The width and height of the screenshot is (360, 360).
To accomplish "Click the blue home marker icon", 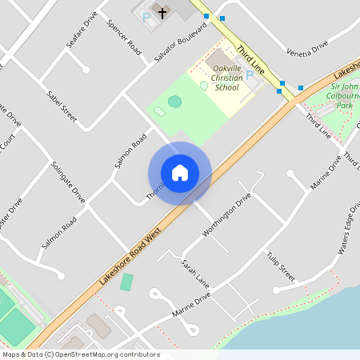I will point(180,173).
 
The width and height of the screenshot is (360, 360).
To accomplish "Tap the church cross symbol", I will point(163,12).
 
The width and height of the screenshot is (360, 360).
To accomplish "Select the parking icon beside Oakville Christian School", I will point(250,74).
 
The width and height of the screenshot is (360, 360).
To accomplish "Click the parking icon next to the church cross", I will point(146,17).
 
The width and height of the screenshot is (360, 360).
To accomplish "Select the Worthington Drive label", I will point(227,214).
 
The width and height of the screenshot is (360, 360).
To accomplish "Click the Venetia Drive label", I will point(307,48).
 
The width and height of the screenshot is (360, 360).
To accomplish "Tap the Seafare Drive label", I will point(82,30).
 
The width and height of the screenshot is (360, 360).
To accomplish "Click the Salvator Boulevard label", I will point(180,42).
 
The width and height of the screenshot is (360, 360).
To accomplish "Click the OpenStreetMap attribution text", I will point(80,354).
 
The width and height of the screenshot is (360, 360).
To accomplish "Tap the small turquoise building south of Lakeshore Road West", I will point(126,282).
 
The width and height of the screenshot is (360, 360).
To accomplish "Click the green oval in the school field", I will point(174,101).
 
